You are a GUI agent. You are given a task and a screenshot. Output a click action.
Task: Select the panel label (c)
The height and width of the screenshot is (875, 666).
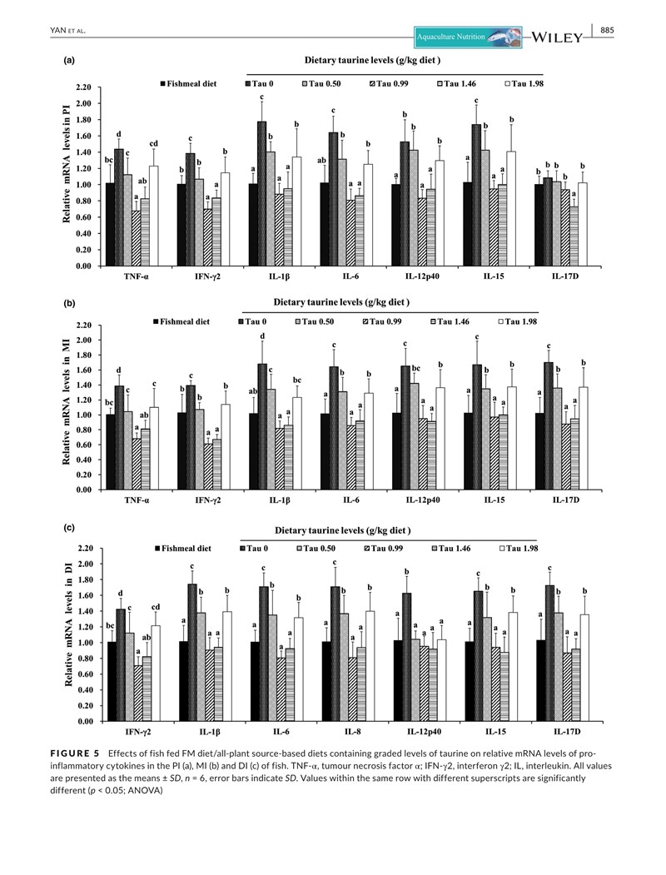click(72, 528)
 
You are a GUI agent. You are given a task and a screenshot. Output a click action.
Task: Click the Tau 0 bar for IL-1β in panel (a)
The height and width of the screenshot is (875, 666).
click(261, 194)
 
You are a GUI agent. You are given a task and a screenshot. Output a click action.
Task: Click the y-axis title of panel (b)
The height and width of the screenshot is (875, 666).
click(66, 407)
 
